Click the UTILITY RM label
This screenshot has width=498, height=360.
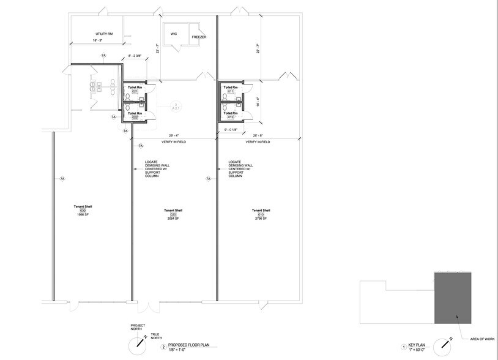click(103, 34)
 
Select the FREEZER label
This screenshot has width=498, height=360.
click(199, 37)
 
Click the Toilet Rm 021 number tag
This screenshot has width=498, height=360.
click(134, 92)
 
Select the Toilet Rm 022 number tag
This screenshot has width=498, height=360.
click(134, 118)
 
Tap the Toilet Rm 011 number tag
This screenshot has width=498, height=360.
click(231, 92)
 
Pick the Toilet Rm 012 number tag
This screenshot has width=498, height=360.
click(231, 117)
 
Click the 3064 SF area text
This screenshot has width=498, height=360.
click(173, 218)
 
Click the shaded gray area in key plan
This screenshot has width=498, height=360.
click(453, 298)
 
